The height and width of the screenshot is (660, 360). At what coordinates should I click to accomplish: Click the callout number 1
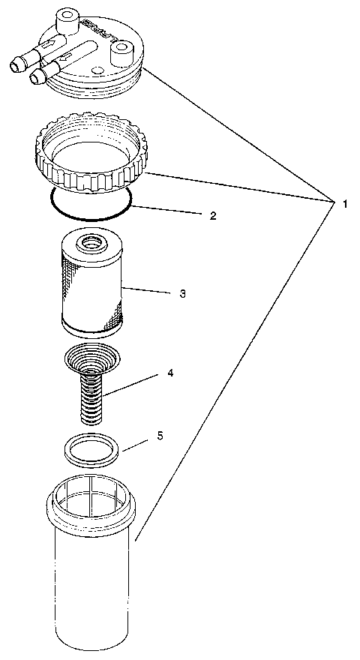344,203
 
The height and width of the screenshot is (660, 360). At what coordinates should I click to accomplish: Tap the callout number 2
213,215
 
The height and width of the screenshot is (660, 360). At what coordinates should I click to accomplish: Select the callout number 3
182,293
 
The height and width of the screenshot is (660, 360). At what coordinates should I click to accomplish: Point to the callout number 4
170,373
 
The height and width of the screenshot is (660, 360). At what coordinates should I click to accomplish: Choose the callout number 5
160,435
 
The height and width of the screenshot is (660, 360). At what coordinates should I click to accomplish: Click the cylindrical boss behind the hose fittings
65,16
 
